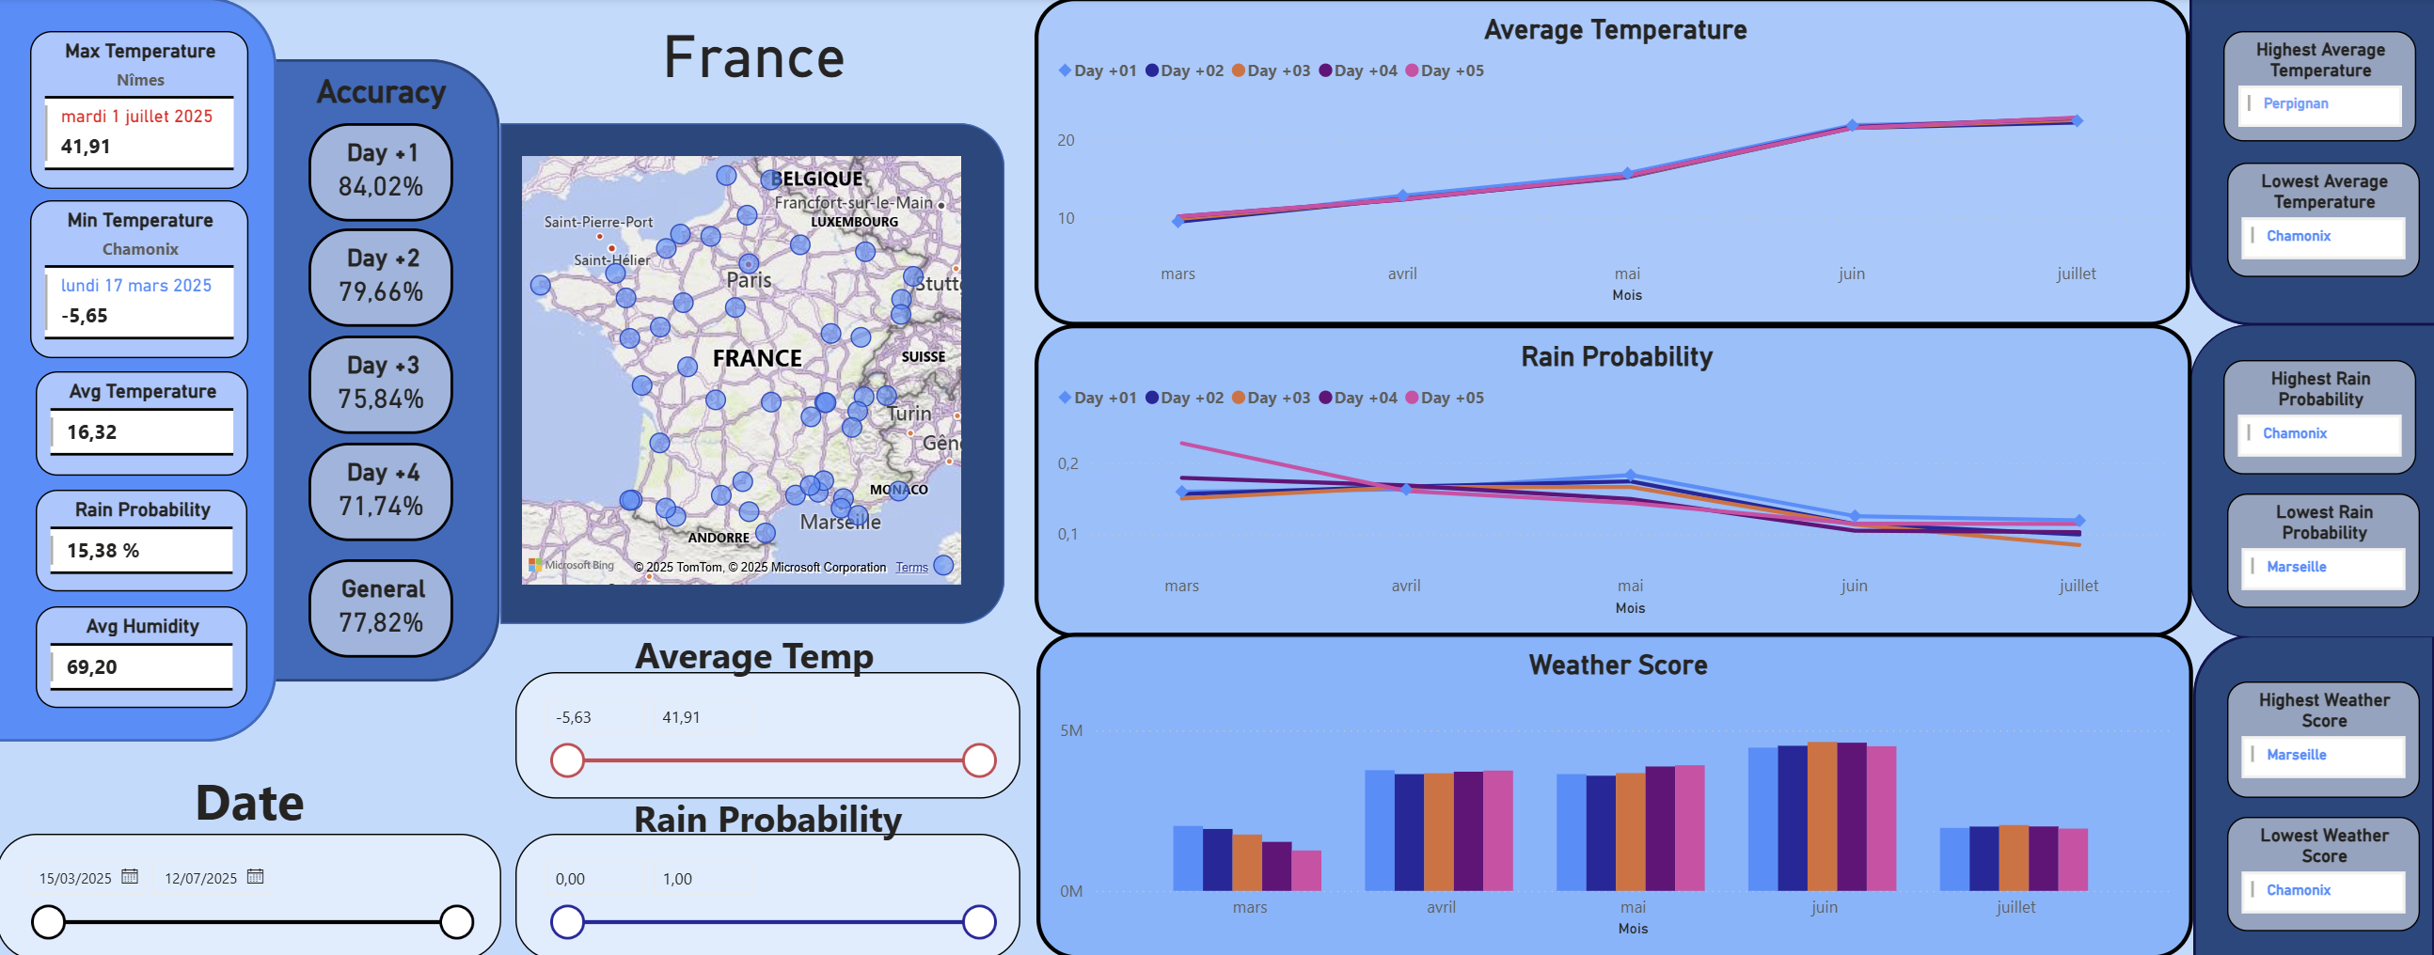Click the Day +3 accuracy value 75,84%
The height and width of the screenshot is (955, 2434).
381,399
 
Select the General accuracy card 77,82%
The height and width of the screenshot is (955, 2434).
381,607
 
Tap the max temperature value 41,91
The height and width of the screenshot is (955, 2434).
86,147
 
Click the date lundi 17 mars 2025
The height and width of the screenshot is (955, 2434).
136,285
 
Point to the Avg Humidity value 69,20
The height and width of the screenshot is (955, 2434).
91,666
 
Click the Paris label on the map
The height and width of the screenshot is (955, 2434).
749,280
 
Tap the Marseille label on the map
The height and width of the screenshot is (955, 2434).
840,523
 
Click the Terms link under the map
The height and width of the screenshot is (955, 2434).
910,568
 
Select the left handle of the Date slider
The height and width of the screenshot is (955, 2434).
48,921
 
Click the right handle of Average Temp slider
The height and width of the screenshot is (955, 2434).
979,759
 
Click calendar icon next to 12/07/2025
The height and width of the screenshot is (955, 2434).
255,877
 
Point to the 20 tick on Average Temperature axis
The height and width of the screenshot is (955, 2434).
1065,140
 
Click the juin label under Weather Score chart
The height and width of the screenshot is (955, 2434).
1824,907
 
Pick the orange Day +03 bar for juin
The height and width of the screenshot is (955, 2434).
1822,816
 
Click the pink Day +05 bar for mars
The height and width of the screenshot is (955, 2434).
1305,870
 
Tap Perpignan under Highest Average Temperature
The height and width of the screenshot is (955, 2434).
2295,104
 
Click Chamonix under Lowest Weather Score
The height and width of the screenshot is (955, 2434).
2298,890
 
